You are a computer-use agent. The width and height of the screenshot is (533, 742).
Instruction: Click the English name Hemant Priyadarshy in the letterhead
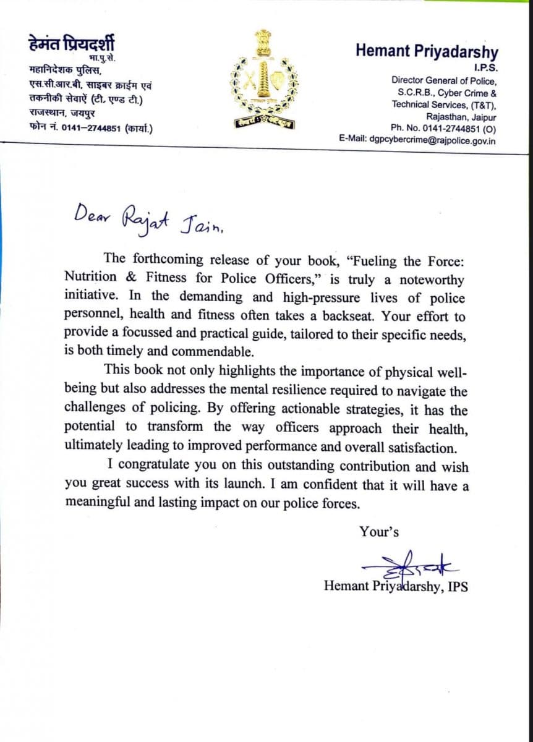coord(427,52)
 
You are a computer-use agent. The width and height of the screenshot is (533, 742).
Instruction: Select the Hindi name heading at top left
coord(71,45)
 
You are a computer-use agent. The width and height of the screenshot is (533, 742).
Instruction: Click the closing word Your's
coord(378,531)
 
